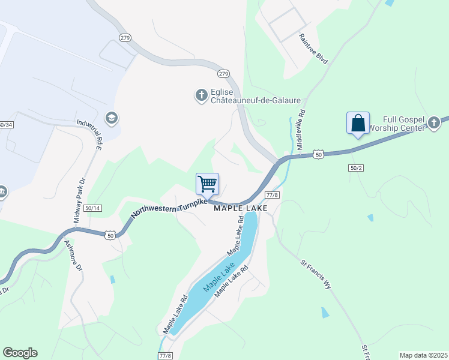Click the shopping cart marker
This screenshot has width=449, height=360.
pos(207,184)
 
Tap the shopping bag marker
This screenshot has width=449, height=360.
pos(358,123)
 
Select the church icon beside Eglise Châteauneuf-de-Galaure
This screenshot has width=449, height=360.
pos(201,94)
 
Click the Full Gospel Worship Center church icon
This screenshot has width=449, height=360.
pos(433,124)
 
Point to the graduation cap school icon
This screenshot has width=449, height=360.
pos(110,118)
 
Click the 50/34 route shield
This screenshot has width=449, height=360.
pos(5,124)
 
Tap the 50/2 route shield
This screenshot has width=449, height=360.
pos(356,168)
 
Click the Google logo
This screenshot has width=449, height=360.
pos(20,353)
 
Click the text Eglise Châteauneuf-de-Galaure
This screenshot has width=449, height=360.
pos(240,97)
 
